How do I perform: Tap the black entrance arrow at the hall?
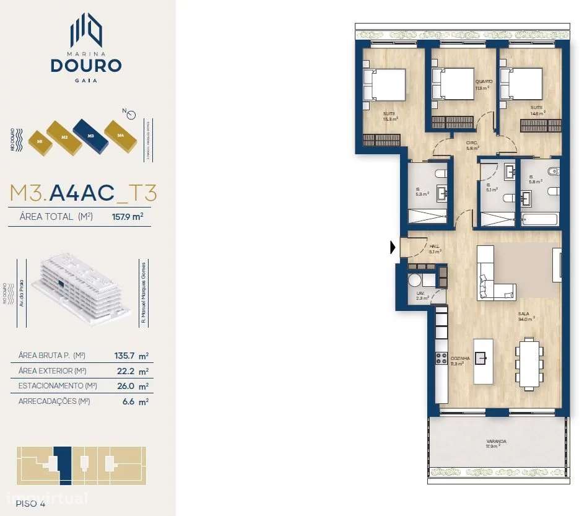[x=393, y=248]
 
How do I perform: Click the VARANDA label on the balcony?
[x=496, y=442]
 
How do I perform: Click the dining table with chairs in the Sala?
[x=529, y=364]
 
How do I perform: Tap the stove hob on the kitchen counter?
[x=441, y=358]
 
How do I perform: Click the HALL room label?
[x=435, y=246]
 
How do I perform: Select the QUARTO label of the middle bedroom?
[x=484, y=82]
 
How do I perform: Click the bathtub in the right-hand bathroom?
[x=541, y=219]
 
